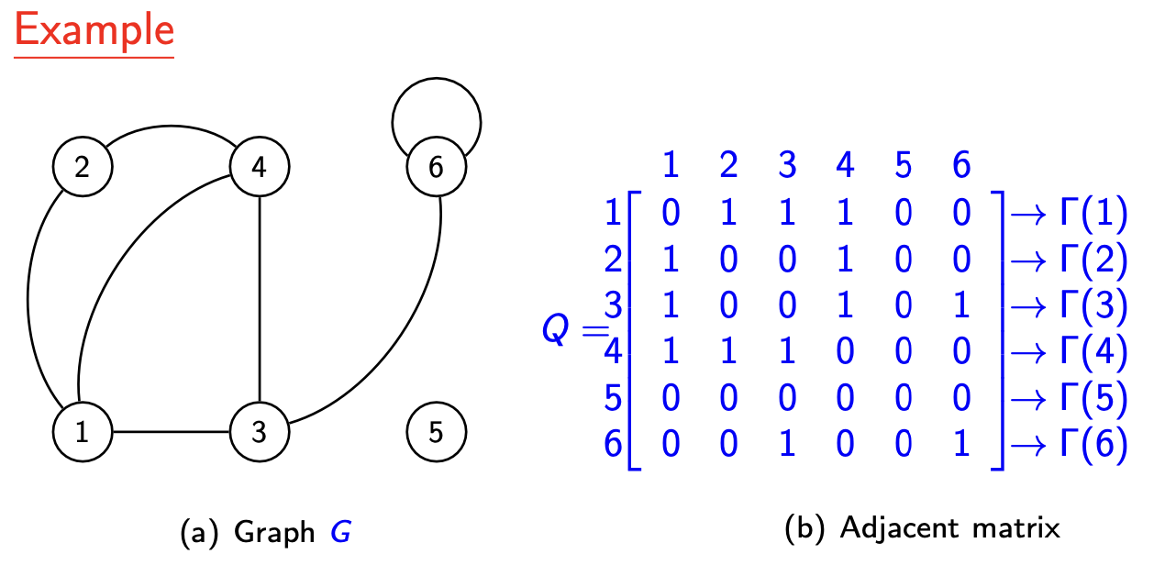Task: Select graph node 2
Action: point(83,167)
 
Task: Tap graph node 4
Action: point(260,167)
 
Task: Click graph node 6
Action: point(436,167)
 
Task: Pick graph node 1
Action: point(83,431)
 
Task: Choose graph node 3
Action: point(260,431)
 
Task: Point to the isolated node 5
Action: point(436,431)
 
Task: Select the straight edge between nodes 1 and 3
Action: point(171,431)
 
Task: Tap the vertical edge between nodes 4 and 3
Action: point(260,299)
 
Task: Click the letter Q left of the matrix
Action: point(557,330)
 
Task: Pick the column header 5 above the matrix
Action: point(904,165)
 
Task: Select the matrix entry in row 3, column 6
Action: point(961,305)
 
